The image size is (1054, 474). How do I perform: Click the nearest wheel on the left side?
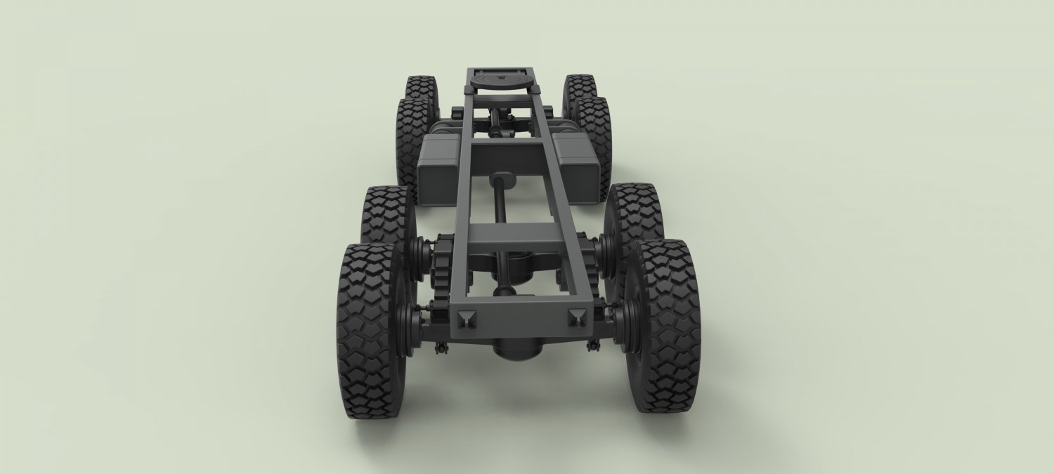(x=367, y=330)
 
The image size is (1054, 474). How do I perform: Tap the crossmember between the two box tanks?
(x=505, y=153)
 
